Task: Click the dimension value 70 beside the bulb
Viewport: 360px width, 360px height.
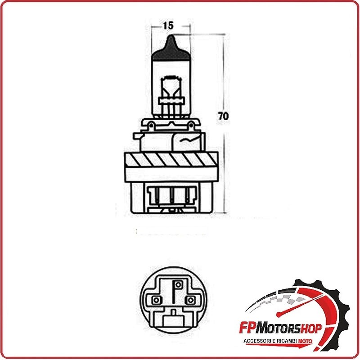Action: pos(222,116)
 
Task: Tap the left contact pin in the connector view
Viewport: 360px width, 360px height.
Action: pos(156,299)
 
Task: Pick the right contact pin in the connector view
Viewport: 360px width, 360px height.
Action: pos(192,299)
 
